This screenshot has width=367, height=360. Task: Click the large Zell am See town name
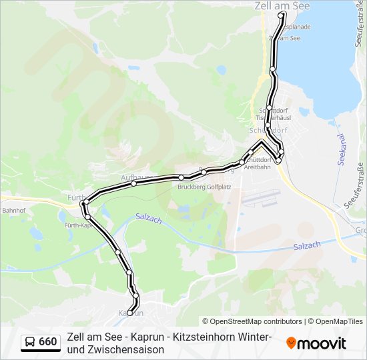[x=282, y=5]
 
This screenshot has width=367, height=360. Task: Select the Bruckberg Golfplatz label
[x=204, y=187]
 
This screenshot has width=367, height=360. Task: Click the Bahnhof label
[x=13, y=210]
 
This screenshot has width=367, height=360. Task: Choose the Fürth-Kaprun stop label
[x=77, y=225]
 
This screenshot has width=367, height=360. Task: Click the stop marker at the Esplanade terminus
[x=282, y=14]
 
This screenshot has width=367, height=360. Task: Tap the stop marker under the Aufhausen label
[x=134, y=183]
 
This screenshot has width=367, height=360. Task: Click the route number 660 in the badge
[x=48, y=342]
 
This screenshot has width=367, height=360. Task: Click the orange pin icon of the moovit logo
[x=291, y=343]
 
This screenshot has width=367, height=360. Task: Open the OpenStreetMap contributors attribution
[x=253, y=321]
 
